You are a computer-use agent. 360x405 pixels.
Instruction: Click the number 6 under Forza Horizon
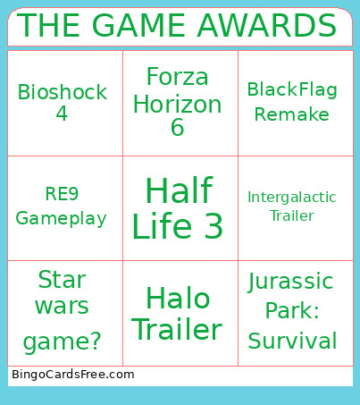click(x=177, y=128)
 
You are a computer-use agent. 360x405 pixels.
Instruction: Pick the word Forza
click(x=177, y=76)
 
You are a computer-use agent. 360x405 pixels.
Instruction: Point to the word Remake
click(x=292, y=115)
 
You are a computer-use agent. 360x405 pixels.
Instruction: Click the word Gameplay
click(x=61, y=218)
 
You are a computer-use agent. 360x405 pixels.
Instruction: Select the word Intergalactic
click(x=292, y=197)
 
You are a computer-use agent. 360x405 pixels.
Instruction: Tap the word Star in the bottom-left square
click(x=63, y=280)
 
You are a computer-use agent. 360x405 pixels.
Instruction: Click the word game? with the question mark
click(x=63, y=341)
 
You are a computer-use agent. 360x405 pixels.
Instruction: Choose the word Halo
click(x=178, y=298)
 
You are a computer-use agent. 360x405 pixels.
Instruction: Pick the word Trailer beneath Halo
click(x=178, y=330)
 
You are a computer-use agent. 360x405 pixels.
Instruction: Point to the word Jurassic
click(x=290, y=283)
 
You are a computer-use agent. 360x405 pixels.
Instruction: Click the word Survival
click(x=292, y=341)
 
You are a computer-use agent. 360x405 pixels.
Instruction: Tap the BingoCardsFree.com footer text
click(x=72, y=375)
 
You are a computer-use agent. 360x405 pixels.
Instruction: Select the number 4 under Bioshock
click(x=62, y=114)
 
